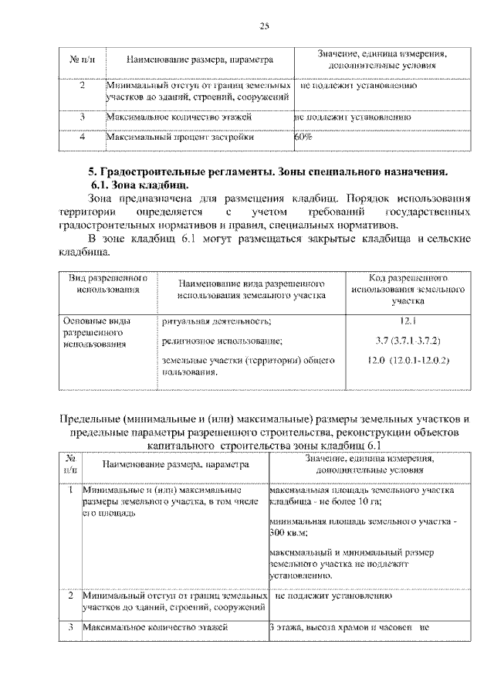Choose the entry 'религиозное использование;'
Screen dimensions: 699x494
click(222, 341)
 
